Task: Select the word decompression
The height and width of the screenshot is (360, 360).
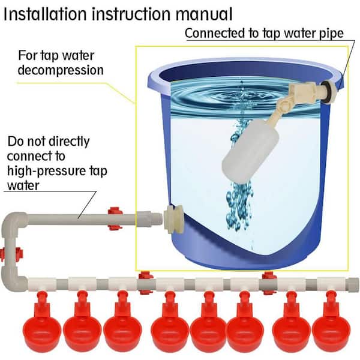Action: coord(60,70)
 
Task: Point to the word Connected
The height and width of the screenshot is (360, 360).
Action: coord(212,33)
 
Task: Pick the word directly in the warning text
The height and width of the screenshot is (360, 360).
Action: coord(68,142)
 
